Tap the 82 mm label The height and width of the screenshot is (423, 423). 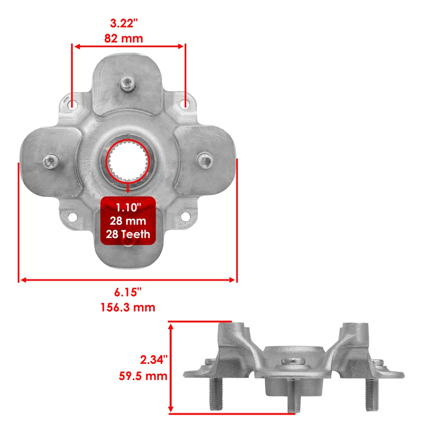(124, 38)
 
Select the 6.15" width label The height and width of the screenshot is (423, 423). (128, 292)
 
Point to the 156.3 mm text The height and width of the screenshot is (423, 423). (128, 307)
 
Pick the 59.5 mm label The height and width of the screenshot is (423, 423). (143, 376)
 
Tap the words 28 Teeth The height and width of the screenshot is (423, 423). (128, 234)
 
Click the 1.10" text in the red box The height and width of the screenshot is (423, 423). (128, 206)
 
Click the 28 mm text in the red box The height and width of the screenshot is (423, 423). (128, 220)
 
